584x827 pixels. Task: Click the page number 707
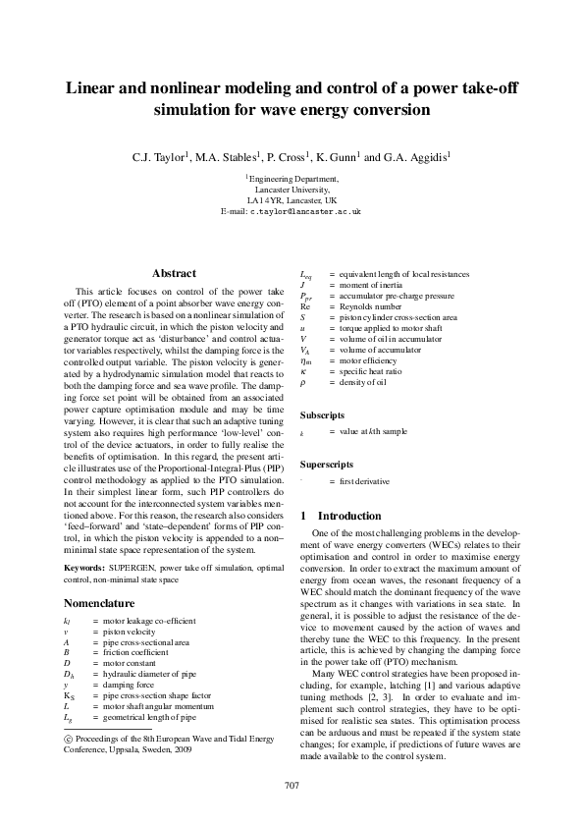click(x=292, y=784)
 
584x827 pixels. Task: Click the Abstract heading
click(x=175, y=273)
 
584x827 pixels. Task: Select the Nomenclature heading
click(x=105, y=604)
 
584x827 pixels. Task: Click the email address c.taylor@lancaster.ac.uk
click(x=305, y=211)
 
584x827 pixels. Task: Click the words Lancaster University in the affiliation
click(x=292, y=190)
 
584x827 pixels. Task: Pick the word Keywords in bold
click(x=85, y=569)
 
